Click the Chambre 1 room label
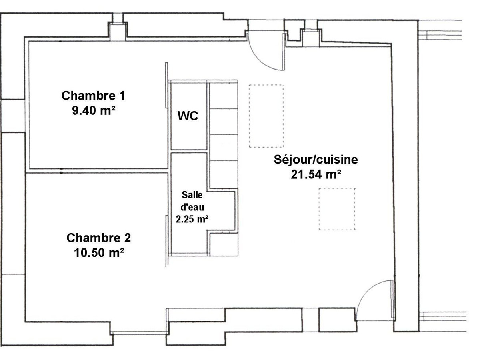(93, 96)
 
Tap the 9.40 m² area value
(94, 111)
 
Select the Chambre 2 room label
(99, 238)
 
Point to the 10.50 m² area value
(99, 253)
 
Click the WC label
(188, 116)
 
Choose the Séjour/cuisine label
(316, 160)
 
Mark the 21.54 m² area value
(316, 174)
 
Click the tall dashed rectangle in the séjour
(266, 116)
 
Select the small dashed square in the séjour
(337, 209)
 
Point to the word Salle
(192, 195)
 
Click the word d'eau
(192, 207)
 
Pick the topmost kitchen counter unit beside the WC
(224, 96)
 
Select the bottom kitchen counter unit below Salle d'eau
(224, 244)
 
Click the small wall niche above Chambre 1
(118, 32)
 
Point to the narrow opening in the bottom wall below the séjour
(310, 320)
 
